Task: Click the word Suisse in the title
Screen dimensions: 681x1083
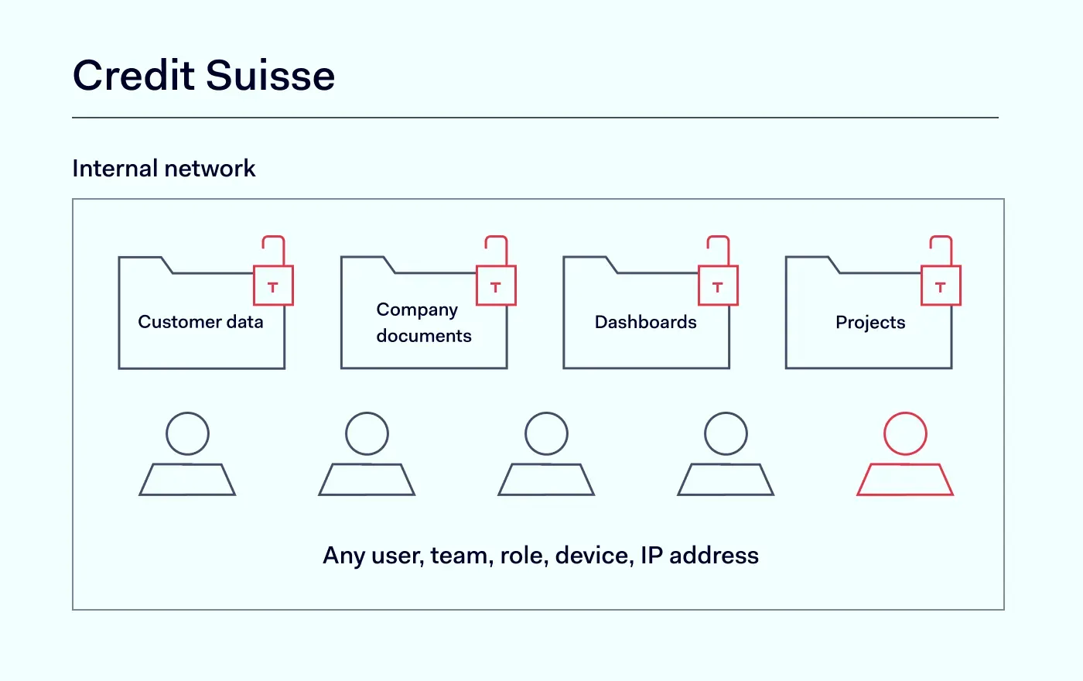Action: tap(270, 76)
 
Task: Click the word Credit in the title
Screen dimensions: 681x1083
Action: tap(134, 76)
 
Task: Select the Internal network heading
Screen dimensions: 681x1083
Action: tap(163, 169)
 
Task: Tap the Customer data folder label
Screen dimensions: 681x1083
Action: tap(200, 322)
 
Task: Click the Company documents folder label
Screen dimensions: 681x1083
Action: tap(423, 323)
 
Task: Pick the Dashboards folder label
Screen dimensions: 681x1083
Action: tap(645, 323)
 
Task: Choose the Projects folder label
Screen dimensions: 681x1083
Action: tap(870, 323)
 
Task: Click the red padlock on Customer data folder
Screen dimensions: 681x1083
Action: tap(273, 285)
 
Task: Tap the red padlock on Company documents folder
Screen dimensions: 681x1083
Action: tap(496, 285)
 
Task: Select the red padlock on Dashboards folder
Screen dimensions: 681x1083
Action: tap(718, 285)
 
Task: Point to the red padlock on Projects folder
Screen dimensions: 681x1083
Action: tap(941, 285)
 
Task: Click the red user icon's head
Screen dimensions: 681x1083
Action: tap(905, 433)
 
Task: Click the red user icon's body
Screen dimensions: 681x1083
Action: tap(905, 480)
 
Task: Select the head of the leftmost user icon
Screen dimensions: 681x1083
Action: tap(187, 433)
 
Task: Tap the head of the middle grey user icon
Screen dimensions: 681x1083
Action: tap(546, 433)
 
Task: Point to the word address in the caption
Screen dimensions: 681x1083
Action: tap(714, 556)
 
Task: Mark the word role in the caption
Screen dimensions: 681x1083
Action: tap(522, 556)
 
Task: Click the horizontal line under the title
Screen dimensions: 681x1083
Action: tap(535, 118)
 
